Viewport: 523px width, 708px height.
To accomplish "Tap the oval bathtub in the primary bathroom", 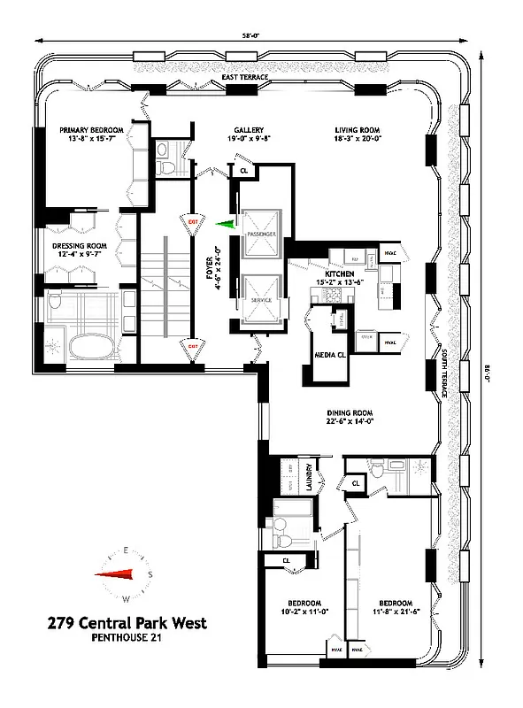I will click(x=84, y=342).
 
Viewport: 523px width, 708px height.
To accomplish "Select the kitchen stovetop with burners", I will click(x=388, y=287).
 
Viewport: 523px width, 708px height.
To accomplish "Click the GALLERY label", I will click(x=250, y=129).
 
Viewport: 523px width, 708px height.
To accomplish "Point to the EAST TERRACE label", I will click(x=245, y=78).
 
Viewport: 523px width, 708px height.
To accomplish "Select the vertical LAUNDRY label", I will click(x=310, y=479).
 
